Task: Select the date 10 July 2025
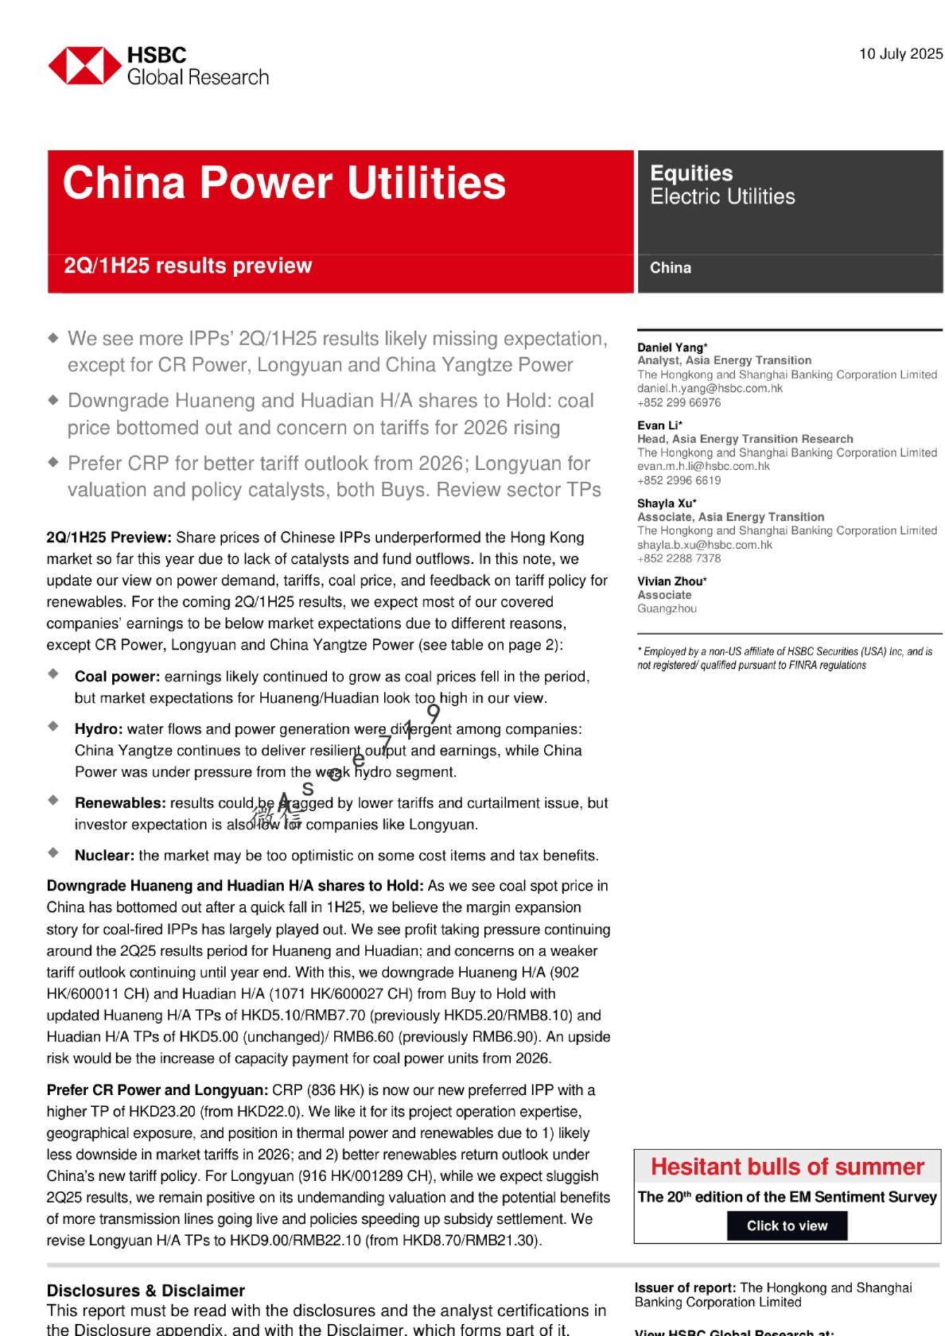point(900,54)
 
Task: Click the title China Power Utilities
point(284,183)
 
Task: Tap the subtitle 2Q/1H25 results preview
point(188,266)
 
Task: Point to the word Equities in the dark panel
point(691,173)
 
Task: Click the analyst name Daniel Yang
point(671,348)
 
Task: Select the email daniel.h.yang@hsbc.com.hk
point(710,388)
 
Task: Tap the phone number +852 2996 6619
point(679,480)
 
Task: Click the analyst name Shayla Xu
point(665,503)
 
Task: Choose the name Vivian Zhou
point(670,581)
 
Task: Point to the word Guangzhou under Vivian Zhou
point(667,608)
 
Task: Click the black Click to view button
point(787,1225)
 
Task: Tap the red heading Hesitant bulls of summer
point(787,1167)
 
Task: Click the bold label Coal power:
point(117,677)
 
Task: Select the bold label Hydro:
point(99,729)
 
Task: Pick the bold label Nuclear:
point(104,856)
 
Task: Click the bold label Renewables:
point(120,803)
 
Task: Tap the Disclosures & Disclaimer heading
point(146,1291)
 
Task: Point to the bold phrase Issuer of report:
point(685,1287)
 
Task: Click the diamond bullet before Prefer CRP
point(53,461)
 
